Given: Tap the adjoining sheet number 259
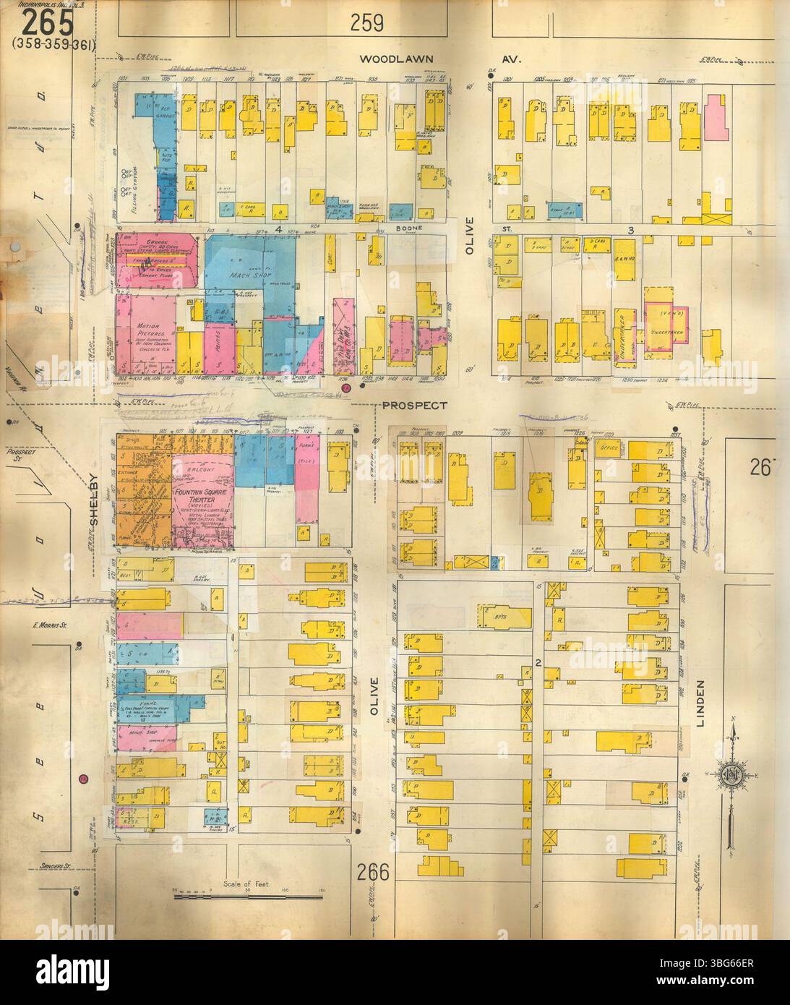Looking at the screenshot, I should [x=366, y=25].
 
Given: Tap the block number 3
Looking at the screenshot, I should [x=630, y=230].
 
